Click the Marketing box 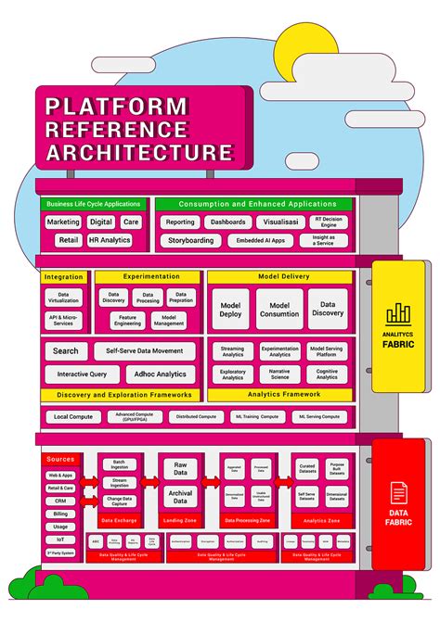[x=63, y=222]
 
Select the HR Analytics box [x=109, y=240]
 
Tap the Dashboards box [x=227, y=222]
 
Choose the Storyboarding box [x=191, y=240]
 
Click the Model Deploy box [x=230, y=309]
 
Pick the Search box [x=66, y=351]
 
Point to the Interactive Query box [x=83, y=374]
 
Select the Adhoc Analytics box [x=158, y=374]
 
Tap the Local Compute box [x=71, y=417]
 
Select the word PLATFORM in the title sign [x=117, y=107]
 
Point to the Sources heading [x=60, y=459]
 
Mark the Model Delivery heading [x=279, y=277]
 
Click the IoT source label [x=60, y=538]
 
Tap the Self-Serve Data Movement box [x=143, y=351]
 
